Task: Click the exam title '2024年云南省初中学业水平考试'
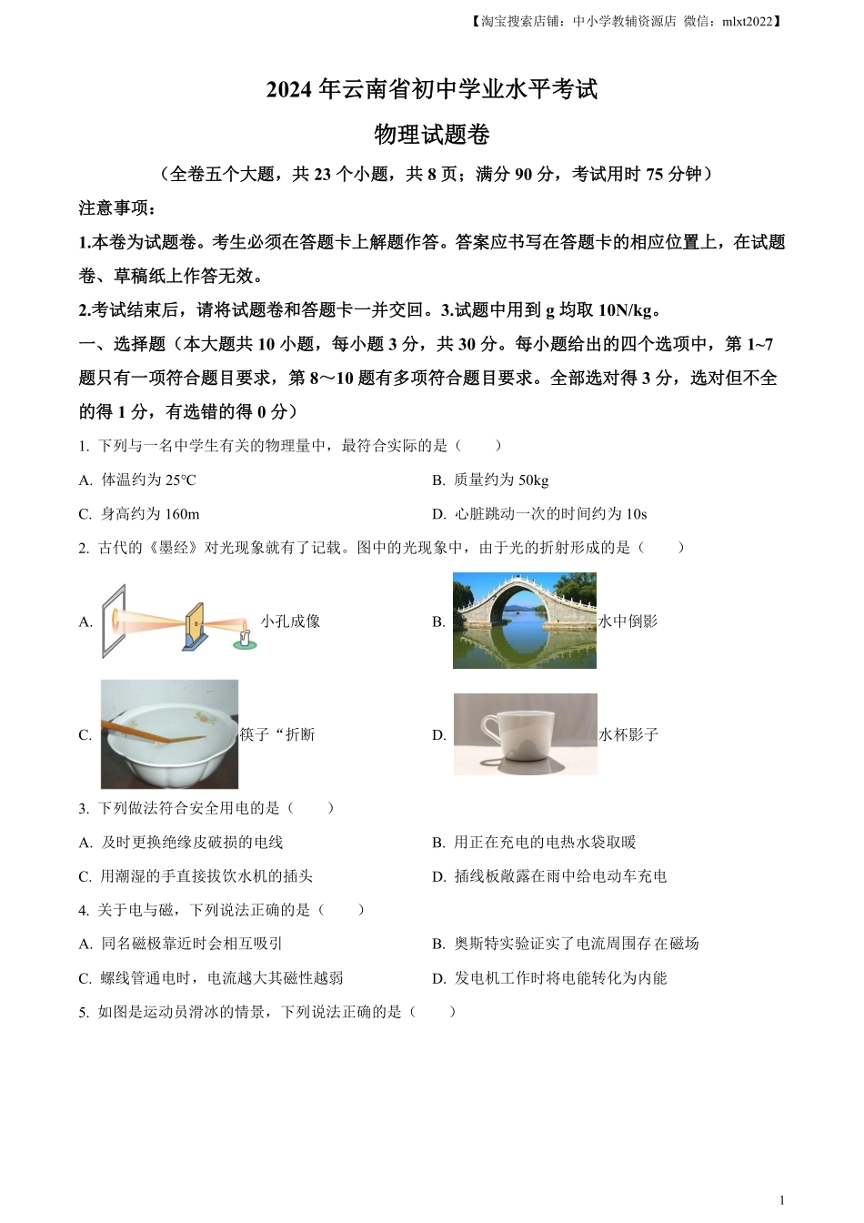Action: (432, 90)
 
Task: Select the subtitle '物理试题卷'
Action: (432, 135)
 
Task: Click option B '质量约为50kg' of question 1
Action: (500, 480)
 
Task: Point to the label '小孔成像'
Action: (290, 622)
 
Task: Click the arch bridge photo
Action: (525, 621)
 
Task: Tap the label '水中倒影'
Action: (628, 622)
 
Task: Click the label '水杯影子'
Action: (628, 734)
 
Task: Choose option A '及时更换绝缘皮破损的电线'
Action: (191, 843)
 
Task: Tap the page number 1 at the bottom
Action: (782, 1200)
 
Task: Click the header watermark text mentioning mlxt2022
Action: (628, 22)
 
